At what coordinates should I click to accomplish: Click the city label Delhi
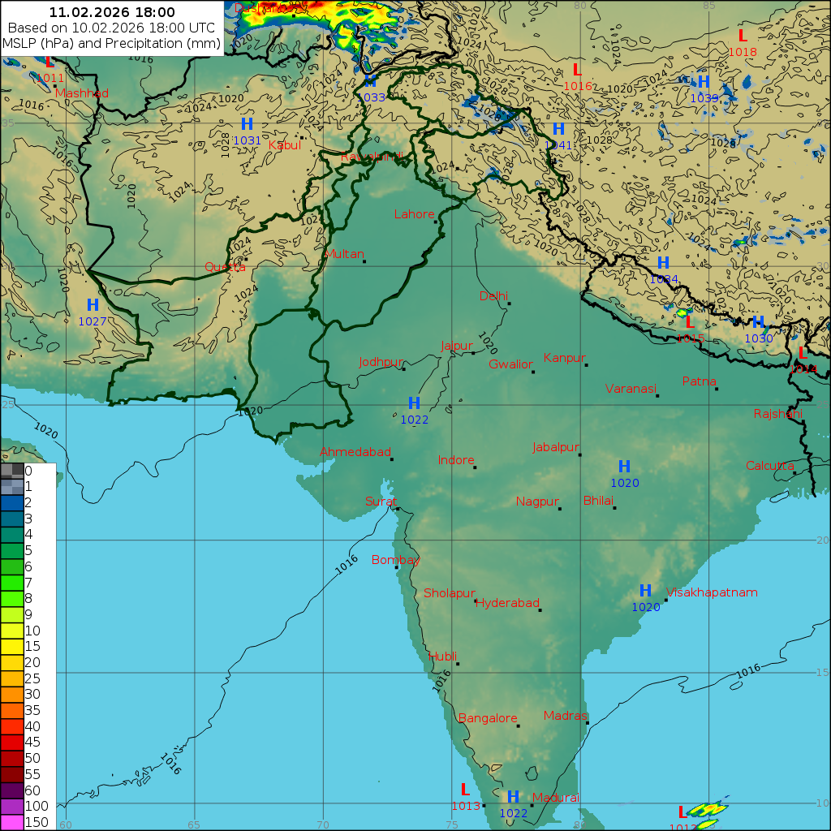tap(493, 295)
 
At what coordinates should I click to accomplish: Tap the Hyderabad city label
tap(507, 603)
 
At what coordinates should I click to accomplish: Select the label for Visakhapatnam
tap(712, 592)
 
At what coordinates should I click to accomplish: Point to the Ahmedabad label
tap(355, 452)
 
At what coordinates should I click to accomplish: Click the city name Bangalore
tap(488, 718)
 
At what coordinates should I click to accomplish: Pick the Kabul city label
tap(284, 145)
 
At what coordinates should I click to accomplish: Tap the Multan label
tap(344, 254)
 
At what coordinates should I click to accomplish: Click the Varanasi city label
tap(631, 389)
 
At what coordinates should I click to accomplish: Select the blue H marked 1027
tap(93, 306)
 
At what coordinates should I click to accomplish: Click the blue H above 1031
tap(247, 124)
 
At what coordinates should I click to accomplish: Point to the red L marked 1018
tap(742, 36)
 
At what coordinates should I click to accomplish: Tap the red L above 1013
tap(465, 790)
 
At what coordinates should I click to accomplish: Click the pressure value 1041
tap(558, 144)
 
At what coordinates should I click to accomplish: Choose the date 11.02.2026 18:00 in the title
tap(112, 12)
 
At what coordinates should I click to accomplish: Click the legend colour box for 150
tap(12, 822)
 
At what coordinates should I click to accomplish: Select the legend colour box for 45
tap(12, 742)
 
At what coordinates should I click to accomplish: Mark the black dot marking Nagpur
tap(560, 509)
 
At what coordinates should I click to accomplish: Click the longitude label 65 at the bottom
tap(194, 825)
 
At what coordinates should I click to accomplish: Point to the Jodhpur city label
tap(381, 362)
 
